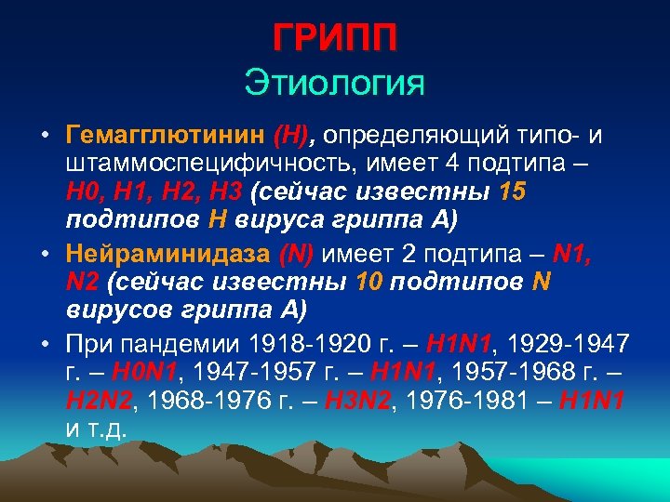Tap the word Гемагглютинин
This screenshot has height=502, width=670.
tap(165, 138)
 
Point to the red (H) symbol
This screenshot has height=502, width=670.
tap(295, 138)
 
